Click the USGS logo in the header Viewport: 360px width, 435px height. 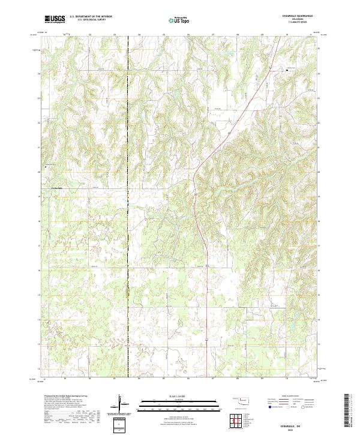[55, 19]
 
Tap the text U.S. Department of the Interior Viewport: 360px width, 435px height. [91, 17]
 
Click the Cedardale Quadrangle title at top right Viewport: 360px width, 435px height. [280, 17]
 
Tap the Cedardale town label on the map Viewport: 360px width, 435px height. [53, 191]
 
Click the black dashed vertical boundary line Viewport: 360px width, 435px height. [130, 240]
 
